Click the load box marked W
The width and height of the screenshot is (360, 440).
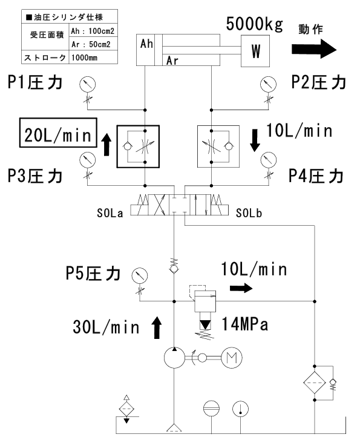(255, 51)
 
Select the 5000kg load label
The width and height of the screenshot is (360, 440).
(255, 24)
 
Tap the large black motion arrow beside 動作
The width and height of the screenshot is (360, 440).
(314, 49)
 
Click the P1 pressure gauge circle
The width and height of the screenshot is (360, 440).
(88, 84)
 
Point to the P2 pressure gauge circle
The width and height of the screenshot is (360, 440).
(268, 84)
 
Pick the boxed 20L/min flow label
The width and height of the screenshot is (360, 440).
(58, 133)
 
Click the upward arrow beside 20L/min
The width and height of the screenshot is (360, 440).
(106, 144)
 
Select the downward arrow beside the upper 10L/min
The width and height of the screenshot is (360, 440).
(255, 140)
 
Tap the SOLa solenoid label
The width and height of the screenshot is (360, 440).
(110, 213)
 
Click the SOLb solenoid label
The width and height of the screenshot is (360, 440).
(249, 213)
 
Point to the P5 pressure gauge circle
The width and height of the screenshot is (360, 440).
(140, 275)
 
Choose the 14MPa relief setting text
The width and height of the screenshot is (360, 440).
(245, 324)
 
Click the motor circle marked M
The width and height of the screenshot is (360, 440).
(232, 358)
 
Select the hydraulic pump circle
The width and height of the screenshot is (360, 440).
(174, 358)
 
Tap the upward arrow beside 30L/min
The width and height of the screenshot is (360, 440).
(157, 328)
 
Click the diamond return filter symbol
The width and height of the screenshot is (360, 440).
(315, 383)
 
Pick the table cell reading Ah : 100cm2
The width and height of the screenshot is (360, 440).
(93, 31)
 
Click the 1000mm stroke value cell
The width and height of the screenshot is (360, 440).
(93, 58)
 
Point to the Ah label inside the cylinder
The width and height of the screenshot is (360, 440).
(146, 44)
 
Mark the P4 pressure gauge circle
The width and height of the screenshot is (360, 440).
(269, 160)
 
